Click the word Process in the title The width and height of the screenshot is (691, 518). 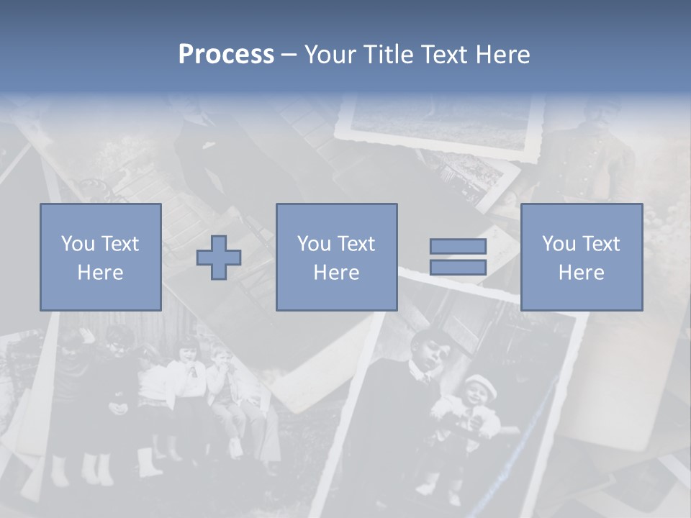[226, 55]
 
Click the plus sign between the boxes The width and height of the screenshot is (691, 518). [219, 258]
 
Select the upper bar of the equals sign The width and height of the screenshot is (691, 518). [458, 246]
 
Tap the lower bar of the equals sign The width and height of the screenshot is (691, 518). [458, 268]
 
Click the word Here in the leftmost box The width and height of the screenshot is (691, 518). [100, 273]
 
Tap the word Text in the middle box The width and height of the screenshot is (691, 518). [356, 244]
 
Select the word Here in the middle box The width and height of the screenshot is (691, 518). [336, 273]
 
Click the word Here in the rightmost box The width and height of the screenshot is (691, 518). [581, 273]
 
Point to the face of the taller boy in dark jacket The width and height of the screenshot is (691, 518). [425, 351]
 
